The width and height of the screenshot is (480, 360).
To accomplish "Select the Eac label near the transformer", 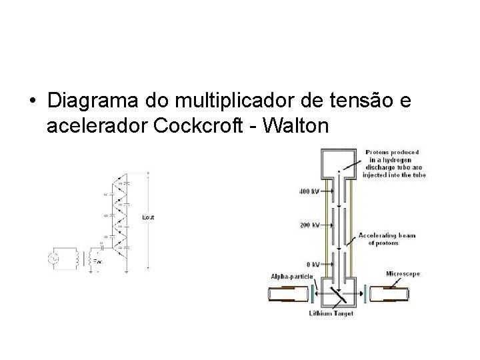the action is point(98,262).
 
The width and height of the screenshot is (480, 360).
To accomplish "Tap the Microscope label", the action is point(403,273).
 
